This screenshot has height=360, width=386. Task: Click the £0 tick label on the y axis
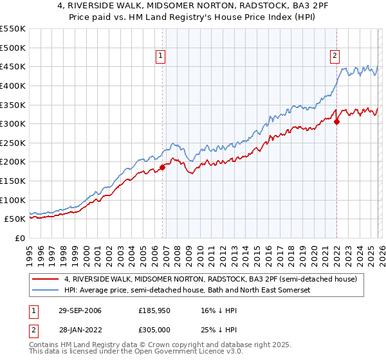[x=19, y=238]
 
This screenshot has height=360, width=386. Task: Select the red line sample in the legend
[x=47, y=279]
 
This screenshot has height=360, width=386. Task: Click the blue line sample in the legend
[x=47, y=291]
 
